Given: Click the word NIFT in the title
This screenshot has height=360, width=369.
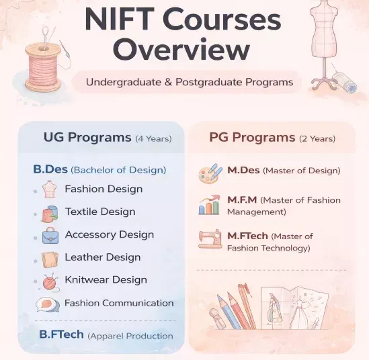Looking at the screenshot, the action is [x=118, y=19].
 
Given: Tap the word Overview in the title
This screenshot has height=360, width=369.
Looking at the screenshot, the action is [x=181, y=49].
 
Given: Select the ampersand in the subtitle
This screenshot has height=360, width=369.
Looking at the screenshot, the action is [x=168, y=83].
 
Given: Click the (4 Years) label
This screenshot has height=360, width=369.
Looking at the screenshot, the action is [x=153, y=139].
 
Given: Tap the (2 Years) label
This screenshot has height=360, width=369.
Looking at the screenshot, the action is [x=317, y=139].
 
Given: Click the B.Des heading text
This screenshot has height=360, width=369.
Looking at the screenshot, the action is [x=50, y=169].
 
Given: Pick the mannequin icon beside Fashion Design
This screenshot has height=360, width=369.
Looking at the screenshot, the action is [x=50, y=189].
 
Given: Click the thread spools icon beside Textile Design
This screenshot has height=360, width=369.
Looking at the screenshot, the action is [x=50, y=214].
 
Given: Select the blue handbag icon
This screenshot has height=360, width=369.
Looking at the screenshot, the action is [x=50, y=236].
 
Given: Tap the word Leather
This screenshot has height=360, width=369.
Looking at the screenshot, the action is [x=82, y=257].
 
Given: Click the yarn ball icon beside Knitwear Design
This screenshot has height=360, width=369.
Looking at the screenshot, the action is [x=50, y=282].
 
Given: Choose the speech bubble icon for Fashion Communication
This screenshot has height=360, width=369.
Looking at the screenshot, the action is [x=48, y=304].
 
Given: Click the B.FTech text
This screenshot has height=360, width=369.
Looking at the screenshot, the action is [x=61, y=334].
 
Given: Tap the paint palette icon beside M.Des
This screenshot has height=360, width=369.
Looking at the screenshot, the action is [x=210, y=173].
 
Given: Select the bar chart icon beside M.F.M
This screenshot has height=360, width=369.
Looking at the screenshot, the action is [x=209, y=205].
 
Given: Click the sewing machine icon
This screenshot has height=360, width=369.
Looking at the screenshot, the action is [x=210, y=239].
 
